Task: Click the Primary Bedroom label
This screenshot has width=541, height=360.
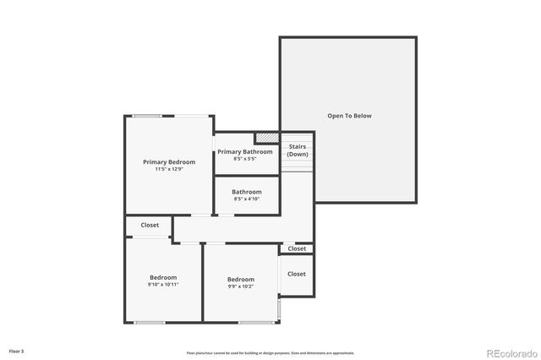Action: [x=169, y=161]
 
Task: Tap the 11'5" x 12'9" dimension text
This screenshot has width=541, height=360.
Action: [x=169, y=169]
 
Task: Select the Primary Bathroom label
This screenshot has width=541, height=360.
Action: [x=245, y=151]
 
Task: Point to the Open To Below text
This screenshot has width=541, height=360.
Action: [x=349, y=116]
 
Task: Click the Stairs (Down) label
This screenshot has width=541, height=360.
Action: [x=297, y=150]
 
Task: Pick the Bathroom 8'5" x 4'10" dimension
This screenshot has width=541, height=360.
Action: [x=247, y=199]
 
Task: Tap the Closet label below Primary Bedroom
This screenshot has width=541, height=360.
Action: [x=150, y=225]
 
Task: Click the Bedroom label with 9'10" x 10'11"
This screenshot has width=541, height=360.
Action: [x=163, y=277]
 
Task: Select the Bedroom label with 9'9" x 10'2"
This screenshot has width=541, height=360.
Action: [x=240, y=279]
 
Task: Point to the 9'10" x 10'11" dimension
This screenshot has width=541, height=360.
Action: [x=163, y=285]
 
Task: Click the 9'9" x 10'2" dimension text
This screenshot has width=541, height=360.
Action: [x=240, y=286]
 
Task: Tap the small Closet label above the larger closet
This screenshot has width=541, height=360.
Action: [x=297, y=248]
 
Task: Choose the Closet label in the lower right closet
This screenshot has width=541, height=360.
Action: [x=297, y=274]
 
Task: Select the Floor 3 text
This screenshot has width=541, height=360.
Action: [x=17, y=350]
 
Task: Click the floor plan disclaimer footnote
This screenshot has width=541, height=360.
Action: [x=270, y=353]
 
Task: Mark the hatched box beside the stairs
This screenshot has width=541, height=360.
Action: [x=267, y=138]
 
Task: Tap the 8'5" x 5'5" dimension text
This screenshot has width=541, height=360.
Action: [x=245, y=159]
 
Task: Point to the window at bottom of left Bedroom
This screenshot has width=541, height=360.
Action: [x=150, y=322]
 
